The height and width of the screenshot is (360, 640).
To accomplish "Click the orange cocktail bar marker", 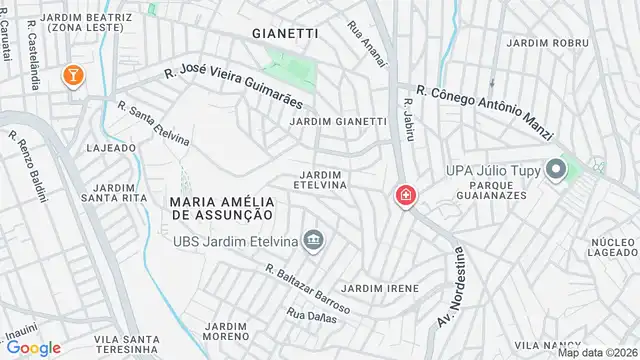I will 73,74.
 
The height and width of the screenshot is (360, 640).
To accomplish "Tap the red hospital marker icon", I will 406,194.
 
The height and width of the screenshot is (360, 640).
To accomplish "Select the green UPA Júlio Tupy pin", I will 556,171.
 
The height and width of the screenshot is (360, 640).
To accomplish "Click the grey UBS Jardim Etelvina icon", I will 315,240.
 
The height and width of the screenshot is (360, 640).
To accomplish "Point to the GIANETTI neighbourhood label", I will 285,33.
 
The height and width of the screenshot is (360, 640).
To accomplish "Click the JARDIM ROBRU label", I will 547,43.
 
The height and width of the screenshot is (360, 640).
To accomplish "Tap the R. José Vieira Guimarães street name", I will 235,89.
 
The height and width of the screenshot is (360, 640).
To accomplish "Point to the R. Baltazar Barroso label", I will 308,288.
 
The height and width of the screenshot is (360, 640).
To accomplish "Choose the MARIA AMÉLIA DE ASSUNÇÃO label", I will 214,208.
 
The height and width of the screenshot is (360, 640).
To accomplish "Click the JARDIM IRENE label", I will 379,288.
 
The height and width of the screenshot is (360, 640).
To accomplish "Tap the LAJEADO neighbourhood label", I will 111,147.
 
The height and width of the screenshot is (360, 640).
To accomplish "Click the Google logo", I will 33,347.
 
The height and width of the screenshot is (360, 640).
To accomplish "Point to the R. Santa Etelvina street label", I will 153,123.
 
